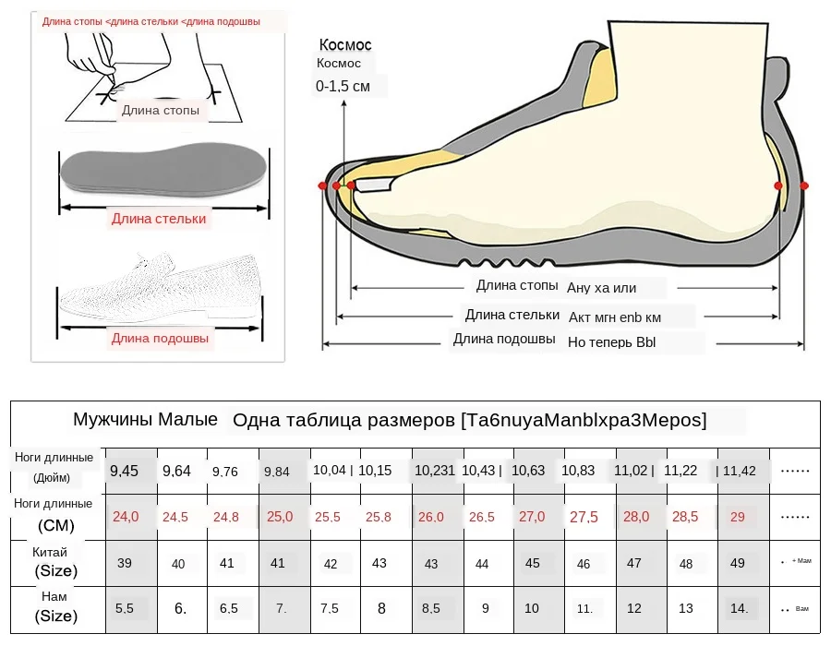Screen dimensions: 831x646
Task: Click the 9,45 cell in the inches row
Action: click(x=124, y=471)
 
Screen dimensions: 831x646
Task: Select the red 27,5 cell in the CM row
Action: click(x=584, y=517)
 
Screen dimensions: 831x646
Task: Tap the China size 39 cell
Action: click(x=124, y=563)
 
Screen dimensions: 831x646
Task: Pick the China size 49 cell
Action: click(x=737, y=563)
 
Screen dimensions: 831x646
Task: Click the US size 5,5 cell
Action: click(x=124, y=609)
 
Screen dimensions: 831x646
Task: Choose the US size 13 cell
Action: click(x=685, y=609)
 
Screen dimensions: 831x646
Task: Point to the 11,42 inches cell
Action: click(x=739, y=471)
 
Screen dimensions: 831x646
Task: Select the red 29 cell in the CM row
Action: click(x=737, y=517)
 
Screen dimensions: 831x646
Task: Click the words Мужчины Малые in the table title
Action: click(x=145, y=420)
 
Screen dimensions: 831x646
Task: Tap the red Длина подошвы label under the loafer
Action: click(x=161, y=339)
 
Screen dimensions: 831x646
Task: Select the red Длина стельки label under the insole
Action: click(x=159, y=219)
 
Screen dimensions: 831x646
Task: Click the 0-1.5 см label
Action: click(x=343, y=87)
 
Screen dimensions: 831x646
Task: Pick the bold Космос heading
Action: click(x=345, y=44)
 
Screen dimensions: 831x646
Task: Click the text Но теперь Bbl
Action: click(x=611, y=342)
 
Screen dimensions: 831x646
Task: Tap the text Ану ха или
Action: click(x=602, y=288)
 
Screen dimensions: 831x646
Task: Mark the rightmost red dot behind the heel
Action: click(x=804, y=185)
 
